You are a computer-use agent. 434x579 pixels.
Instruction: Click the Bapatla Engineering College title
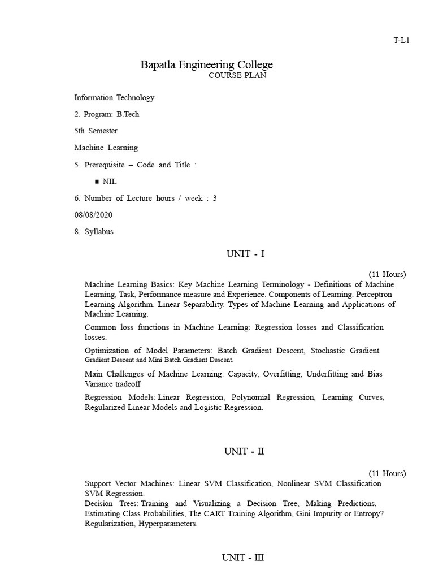206,64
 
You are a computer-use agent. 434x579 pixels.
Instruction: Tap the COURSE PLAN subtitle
237,76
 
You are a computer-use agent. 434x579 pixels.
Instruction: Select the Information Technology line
114,97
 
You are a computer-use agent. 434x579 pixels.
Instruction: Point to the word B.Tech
128,114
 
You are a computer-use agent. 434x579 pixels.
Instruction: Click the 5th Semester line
96,131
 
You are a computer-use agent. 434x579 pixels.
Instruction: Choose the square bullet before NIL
97,182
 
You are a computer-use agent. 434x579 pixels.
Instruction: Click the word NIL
110,182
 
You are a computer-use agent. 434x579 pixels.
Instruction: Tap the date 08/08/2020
94,215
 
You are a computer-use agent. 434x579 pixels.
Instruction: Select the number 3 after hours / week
215,198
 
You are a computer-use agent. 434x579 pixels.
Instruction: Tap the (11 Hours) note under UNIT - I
387,274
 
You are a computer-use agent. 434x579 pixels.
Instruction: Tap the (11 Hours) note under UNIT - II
387,473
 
